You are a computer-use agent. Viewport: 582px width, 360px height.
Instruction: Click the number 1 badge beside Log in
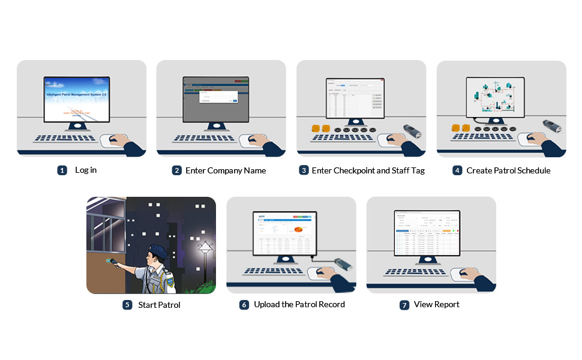pos(62,170)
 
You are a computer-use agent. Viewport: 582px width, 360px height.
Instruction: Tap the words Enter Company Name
pos(226,170)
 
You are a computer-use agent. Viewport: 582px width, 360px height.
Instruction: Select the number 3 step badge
pos(304,170)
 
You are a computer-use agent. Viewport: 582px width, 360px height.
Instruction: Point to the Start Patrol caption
pos(159,305)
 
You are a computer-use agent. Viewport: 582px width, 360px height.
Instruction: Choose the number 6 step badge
pos(244,305)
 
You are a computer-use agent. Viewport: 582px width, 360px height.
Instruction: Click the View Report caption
pos(437,305)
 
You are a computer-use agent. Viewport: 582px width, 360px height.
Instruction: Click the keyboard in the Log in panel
pos(65,138)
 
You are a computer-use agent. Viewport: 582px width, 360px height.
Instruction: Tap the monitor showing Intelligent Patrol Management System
pos(76,98)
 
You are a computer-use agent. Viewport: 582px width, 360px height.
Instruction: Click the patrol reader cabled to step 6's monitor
pos(343,264)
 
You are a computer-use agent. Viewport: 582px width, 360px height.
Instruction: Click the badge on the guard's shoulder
pos(170,278)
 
